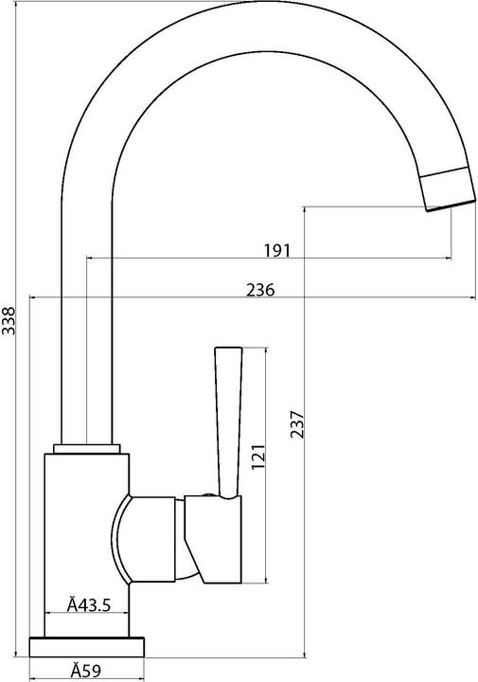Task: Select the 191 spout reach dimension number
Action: pyautogui.click(x=275, y=250)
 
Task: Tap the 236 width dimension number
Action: pyautogui.click(x=259, y=291)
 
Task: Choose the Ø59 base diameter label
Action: pyautogui.click(x=86, y=671)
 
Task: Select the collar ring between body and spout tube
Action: pyautogui.click(x=88, y=446)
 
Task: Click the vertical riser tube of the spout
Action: pyautogui.click(x=88, y=313)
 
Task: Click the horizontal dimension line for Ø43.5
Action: pyautogui.click(x=86, y=615)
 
